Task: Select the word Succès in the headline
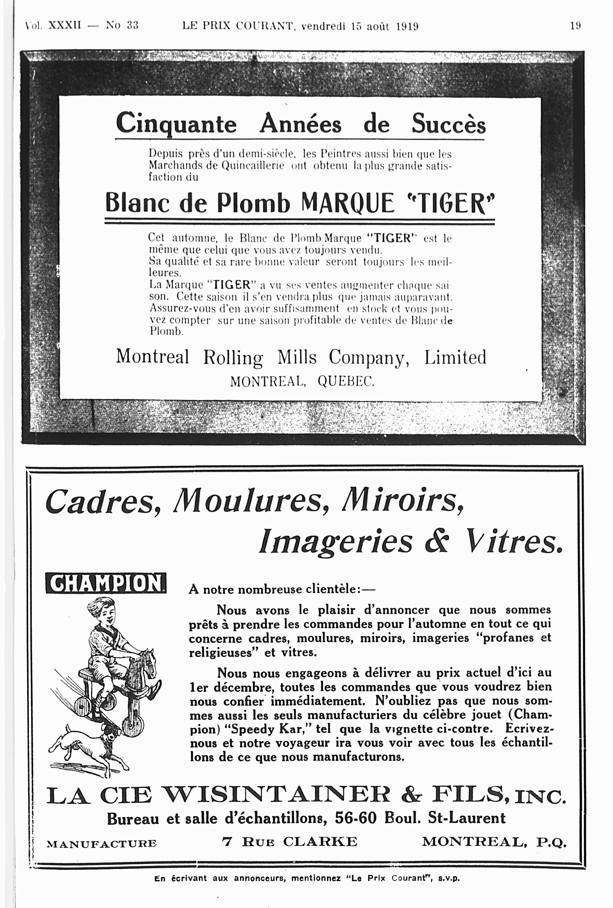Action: coord(448,124)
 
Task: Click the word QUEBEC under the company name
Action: coord(346,381)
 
